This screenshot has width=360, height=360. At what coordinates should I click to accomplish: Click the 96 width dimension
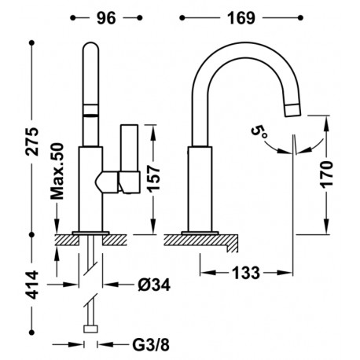click(x=106, y=18)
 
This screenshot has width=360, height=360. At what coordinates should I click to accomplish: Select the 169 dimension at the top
click(x=241, y=18)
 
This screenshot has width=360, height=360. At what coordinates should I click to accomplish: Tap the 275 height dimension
click(x=33, y=141)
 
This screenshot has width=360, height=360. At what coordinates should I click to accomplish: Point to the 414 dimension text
click(x=33, y=285)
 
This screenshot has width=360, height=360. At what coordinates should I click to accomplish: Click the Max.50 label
click(x=57, y=171)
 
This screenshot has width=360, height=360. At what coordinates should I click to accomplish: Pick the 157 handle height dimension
click(x=153, y=178)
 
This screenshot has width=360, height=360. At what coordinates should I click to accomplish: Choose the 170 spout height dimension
click(x=326, y=174)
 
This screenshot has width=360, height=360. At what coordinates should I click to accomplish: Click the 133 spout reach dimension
click(x=246, y=273)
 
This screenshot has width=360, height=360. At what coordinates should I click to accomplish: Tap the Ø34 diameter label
click(x=154, y=285)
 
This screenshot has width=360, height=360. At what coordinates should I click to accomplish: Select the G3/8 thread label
click(x=151, y=345)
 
